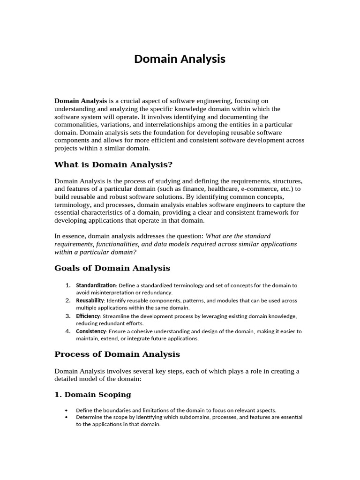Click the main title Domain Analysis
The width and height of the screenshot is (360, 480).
[x=180, y=59]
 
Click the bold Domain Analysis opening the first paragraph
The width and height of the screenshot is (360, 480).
[x=81, y=101]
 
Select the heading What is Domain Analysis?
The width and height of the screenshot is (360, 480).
[x=113, y=165]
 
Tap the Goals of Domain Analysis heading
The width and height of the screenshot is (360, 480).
[x=112, y=268]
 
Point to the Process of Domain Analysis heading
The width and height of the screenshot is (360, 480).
[x=117, y=354]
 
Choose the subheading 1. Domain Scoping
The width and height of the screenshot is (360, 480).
[x=93, y=395]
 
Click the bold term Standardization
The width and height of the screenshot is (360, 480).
[x=96, y=285]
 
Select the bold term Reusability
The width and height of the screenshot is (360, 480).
[x=90, y=300]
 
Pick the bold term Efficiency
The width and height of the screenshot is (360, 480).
[x=88, y=316]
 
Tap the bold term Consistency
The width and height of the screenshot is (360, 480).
[x=91, y=331]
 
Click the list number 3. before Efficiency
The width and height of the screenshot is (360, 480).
[x=68, y=316]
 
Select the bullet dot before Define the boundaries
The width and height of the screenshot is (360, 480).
[x=68, y=409]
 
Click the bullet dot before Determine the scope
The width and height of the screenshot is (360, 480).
[x=68, y=417]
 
